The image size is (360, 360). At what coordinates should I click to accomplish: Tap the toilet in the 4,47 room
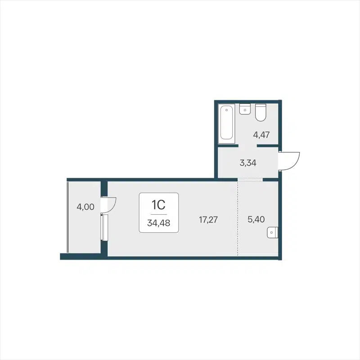pyautogui.click(x=261, y=113)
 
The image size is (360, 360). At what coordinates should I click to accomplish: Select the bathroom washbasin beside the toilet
pyautogui.click(x=245, y=109)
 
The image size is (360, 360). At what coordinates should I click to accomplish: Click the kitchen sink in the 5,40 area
pyautogui.click(x=273, y=233)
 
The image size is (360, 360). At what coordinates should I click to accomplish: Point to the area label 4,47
pyautogui.click(x=261, y=134)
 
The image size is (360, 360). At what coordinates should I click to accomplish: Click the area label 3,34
pyautogui.click(x=247, y=163)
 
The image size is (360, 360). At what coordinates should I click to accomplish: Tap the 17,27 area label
pyautogui.click(x=208, y=220)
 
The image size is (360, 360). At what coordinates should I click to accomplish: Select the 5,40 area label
pyautogui.click(x=256, y=220)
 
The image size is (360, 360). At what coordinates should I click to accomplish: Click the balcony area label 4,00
pyautogui.click(x=85, y=207)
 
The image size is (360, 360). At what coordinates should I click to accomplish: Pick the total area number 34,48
pyautogui.click(x=159, y=222)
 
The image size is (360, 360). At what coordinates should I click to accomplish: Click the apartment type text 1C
pyautogui.click(x=159, y=205)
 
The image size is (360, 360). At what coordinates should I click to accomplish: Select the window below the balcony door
pyautogui.click(x=104, y=229)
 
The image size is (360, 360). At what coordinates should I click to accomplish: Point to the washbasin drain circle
pyautogui.click(x=245, y=110)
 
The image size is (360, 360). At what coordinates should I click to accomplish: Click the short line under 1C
pyautogui.click(x=159, y=214)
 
